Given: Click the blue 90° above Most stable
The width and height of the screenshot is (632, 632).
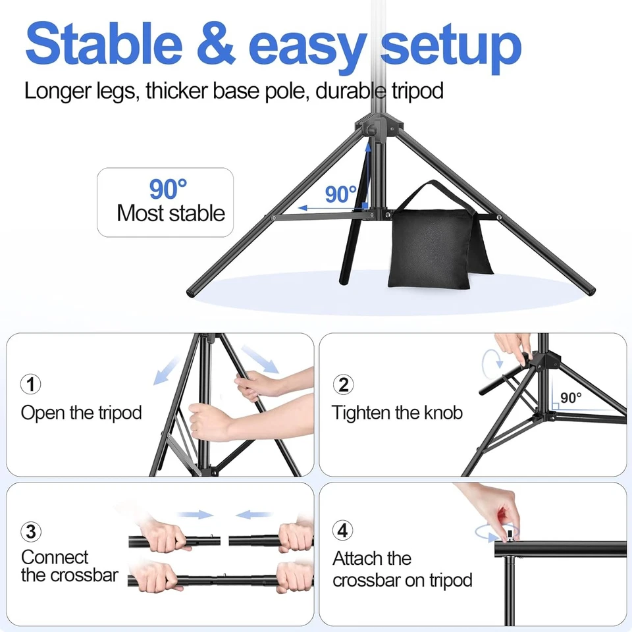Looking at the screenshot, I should [x=168, y=190].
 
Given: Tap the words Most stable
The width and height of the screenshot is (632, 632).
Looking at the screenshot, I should [x=171, y=213].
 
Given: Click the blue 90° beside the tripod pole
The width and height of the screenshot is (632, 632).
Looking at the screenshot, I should [x=340, y=194].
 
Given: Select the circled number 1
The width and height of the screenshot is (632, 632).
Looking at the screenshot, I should [x=31, y=384].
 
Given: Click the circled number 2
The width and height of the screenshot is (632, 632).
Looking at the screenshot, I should [x=343, y=384].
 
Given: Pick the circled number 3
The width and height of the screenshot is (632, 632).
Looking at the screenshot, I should [x=31, y=531].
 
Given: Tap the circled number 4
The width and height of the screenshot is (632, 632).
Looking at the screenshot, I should [x=343, y=531].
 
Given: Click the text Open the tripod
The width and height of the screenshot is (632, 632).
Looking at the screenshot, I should [x=82, y=413].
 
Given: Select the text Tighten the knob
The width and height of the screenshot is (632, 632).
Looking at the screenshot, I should [x=397, y=413].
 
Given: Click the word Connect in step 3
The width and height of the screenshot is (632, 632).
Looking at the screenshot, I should [x=55, y=557].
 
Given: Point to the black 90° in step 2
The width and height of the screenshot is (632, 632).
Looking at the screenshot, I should [x=571, y=398].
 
